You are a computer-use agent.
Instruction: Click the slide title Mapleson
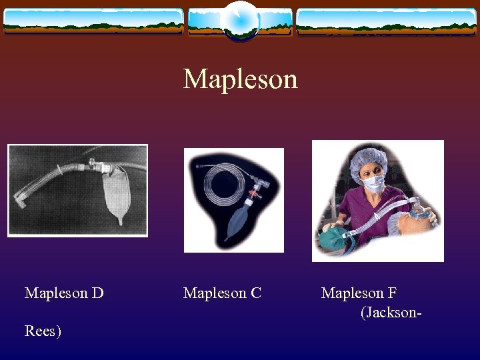[x=240, y=79]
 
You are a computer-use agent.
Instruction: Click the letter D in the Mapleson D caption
[x=97, y=293]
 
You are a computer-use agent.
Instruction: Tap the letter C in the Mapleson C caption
[x=256, y=293]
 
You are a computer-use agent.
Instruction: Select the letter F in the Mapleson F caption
[x=393, y=293]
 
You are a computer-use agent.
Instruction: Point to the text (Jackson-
[x=391, y=311]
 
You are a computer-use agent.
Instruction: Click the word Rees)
[x=43, y=331]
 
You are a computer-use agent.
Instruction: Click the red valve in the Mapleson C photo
[x=252, y=197]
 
